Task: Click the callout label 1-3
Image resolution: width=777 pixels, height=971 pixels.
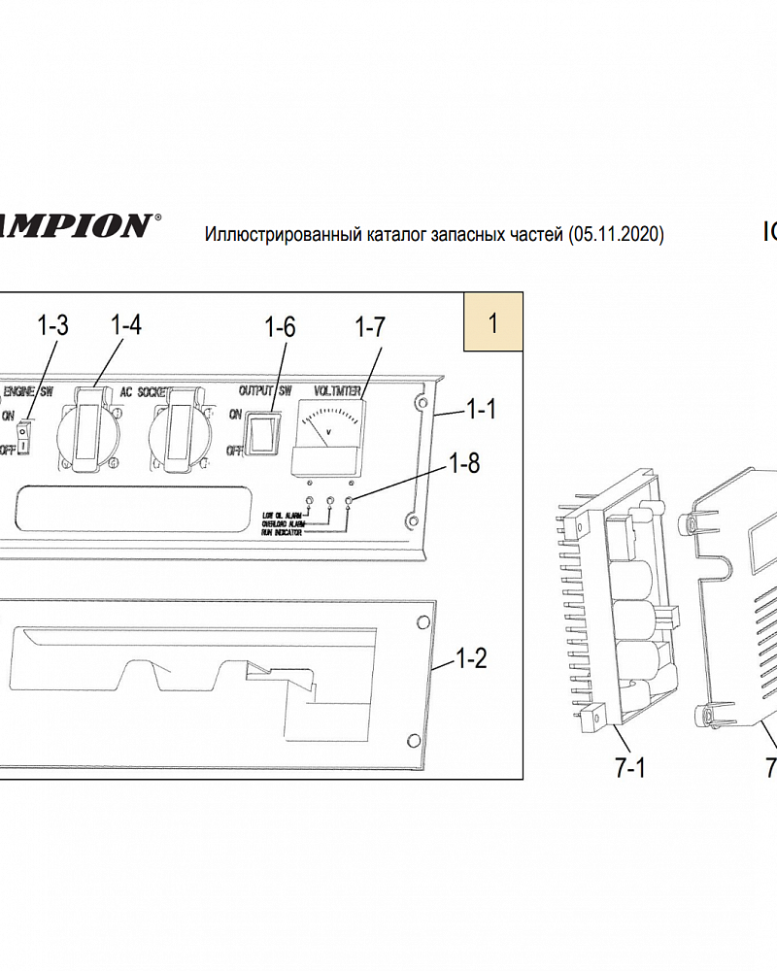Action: click(x=52, y=326)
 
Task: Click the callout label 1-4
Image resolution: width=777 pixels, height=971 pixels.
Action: click(x=126, y=326)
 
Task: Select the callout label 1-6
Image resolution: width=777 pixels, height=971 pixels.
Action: click(x=281, y=327)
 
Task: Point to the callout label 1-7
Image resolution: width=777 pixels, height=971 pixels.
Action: click(x=369, y=327)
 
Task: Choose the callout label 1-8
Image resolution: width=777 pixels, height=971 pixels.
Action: click(x=464, y=463)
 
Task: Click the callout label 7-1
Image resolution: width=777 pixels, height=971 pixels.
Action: click(x=630, y=769)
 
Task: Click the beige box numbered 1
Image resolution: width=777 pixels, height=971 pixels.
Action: click(x=493, y=322)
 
